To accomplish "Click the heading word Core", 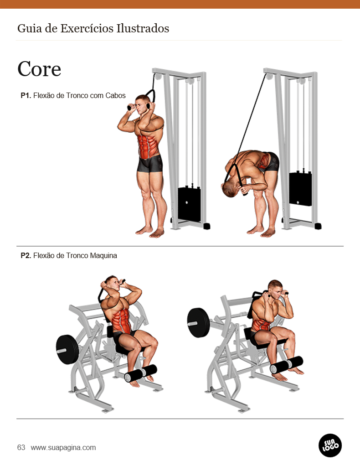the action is click(x=39, y=69).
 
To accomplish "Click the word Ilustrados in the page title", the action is click(x=143, y=29).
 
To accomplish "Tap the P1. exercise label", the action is click(x=26, y=95).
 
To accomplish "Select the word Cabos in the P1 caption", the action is click(x=116, y=95).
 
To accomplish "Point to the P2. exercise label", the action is click(x=26, y=256).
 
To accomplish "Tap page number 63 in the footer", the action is click(x=21, y=448).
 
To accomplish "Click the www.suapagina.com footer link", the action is click(x=63, y=448).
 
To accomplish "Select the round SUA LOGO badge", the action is click(x=330, y=445).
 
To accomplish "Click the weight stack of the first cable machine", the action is click(x=189, y=204).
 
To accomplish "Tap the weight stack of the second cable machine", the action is click(x=300, y=188).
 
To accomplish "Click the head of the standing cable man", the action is click(x=144, y=104).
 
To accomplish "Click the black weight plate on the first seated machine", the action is click(x=67, y=349).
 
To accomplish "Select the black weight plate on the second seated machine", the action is click(x=198, y=322).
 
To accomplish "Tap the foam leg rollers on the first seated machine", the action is click(x=140, y=373).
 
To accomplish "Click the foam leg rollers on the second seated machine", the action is click(x=286, y=365).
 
